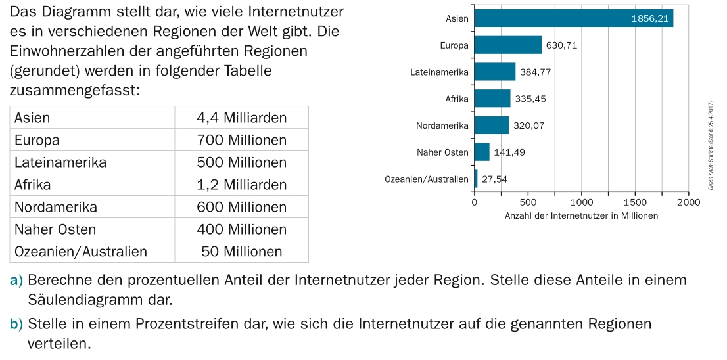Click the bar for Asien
(x=572, y=18)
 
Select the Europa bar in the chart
(x=507, y=45)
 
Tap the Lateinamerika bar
(x=494, y=72)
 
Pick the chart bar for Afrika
(x=492, y=99)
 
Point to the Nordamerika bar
(x=491, y=125)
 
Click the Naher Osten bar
(x=481, y=152)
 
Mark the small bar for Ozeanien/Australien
(x=476, y=179)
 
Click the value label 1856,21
(x=649, y=18)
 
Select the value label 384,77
(x=535, y=72)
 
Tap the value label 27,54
(x=494, y=179)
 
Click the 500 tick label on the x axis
(x=528, y=202)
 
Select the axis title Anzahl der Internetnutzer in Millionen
(x=581, y=215)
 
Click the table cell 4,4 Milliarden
(x=241, y=118)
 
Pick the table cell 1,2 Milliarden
(x=241, y=185)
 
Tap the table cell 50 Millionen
(x=241, y=252)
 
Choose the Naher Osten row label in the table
(x=55, y=229)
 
